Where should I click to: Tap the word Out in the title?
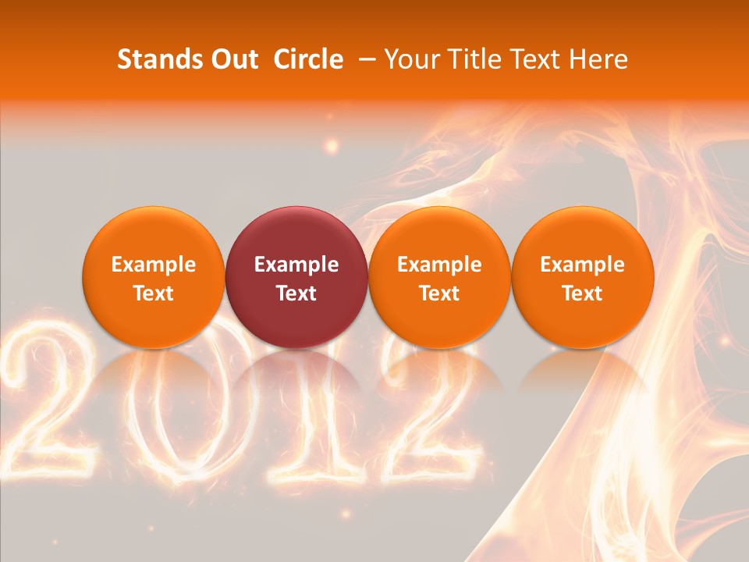click(232, 59)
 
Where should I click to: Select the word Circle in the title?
click(308, 59)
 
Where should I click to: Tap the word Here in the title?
click(599, 59)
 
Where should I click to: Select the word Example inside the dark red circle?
click(296, 265)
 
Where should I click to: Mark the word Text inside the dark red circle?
click(296, 293)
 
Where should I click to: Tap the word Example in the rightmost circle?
click(582, 265)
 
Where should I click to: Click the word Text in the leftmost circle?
click(153, 293)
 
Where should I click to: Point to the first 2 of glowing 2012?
click(51, 406)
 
